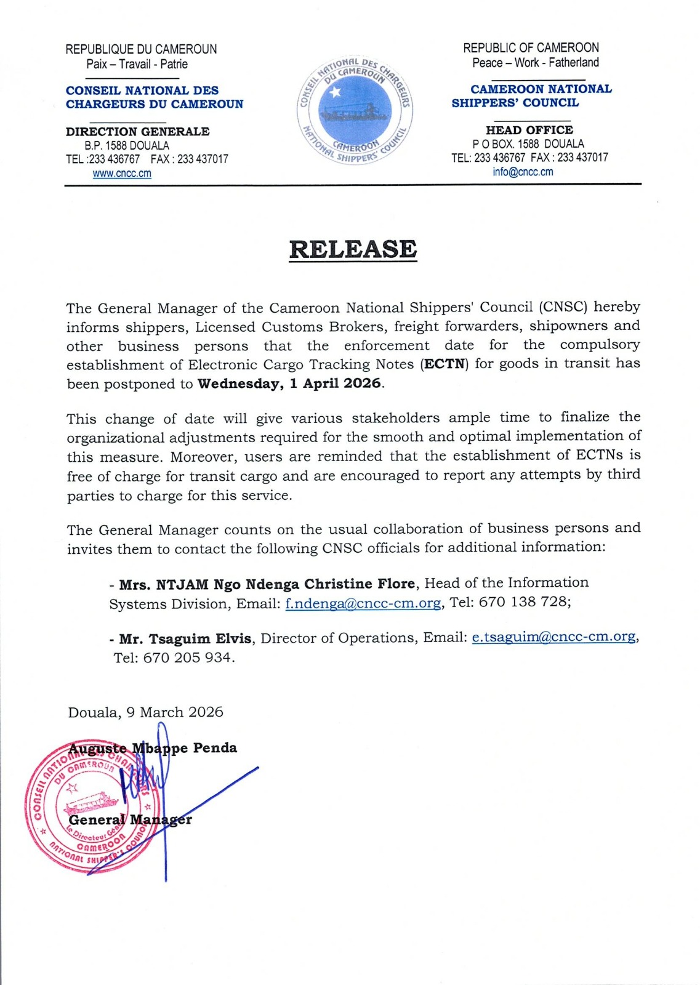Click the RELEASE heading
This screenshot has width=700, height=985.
point(353,249)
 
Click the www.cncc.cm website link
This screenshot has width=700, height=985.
point(122,174)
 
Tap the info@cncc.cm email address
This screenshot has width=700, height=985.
point(523,172)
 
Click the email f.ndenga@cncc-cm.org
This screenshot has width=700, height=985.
point(363,603)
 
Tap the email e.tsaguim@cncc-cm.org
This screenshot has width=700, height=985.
point(553,637)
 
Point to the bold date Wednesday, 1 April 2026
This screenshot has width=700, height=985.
point(289,384)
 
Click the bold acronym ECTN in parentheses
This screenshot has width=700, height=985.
point(445,364)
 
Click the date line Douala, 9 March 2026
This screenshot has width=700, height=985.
point(145,712)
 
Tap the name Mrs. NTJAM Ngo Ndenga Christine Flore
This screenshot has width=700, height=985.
point(267,584)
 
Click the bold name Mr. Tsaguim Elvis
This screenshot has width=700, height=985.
point(185,638)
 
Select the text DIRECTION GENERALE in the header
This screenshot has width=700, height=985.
point(137,132)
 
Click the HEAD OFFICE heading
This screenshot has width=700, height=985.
point(529,130)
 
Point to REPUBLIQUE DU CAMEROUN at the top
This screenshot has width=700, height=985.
point(141,49)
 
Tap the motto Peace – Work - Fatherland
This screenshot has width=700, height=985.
point(536,63)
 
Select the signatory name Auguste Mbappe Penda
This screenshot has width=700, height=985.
point(153,748)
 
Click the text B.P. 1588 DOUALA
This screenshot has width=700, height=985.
point(127,146)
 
